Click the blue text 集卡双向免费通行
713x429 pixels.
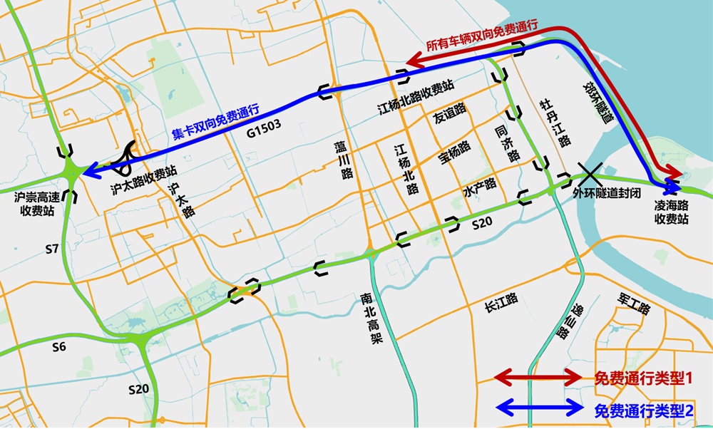click(215, 122)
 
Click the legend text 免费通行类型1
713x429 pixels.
click(643, 379)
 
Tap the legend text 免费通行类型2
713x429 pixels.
click(643, 410)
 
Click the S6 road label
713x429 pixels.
click(60, 347)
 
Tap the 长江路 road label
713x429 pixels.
click(500, 308)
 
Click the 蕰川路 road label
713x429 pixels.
click(344, 159)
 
